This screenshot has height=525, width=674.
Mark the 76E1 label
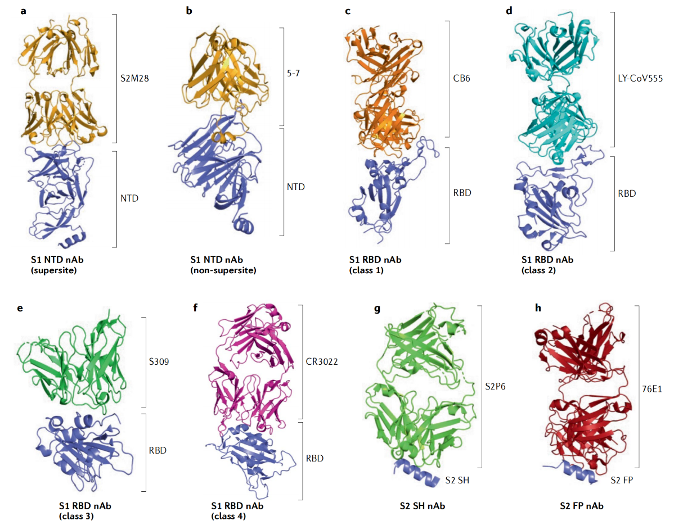pos(653,388)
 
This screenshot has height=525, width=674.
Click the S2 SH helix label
pos(456,479)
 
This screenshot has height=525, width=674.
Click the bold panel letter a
pos(23,11)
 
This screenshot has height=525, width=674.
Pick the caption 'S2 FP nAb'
pos(582,506)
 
